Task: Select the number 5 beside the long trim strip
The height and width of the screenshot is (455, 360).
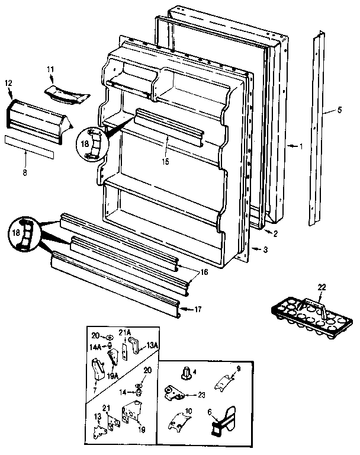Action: click(x=339, y=109)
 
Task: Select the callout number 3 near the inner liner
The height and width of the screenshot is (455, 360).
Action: click(x=265, y=250)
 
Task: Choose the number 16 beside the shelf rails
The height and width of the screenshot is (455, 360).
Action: click(x=204, y=272)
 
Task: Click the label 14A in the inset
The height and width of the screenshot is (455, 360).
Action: click(x=95, y=347)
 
